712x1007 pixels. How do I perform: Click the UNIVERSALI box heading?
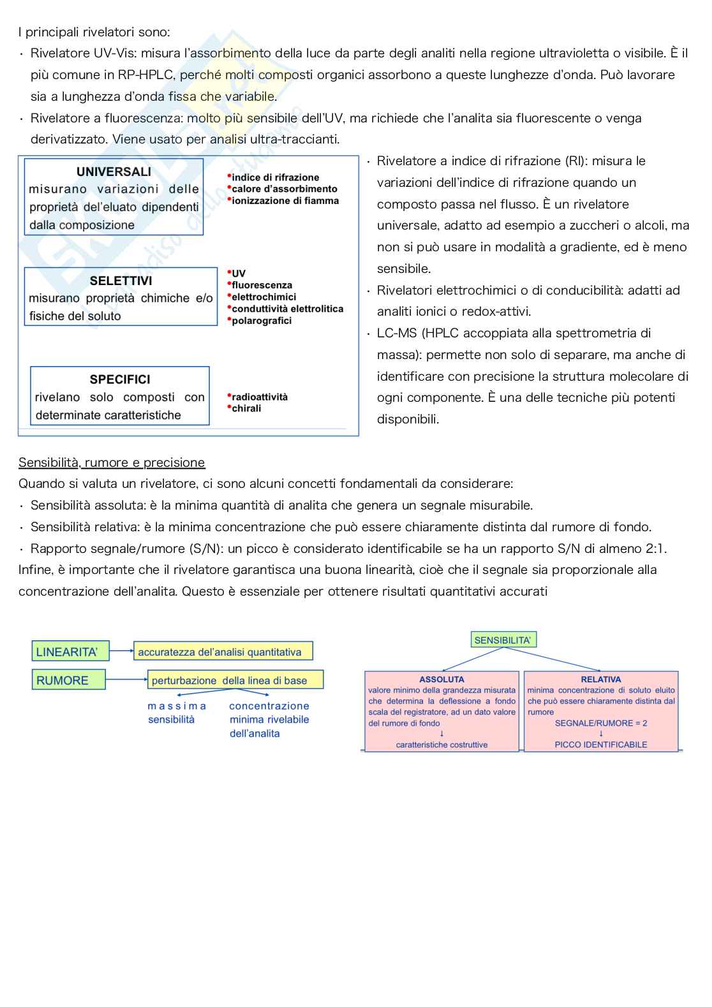pos(114,172)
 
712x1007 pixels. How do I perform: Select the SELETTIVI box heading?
pos(121,281)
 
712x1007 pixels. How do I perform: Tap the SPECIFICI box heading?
pos(120,379)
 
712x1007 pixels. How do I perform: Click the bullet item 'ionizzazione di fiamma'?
pos(285,201)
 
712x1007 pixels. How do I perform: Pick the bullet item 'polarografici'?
pos(262,321)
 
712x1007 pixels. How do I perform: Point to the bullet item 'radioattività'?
pos(259,397)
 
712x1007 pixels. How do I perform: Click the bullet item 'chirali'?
pos(246,408)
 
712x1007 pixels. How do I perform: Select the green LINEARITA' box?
pos(70,652)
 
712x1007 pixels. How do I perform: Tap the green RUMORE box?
pos(69,680)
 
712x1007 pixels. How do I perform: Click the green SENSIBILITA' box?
pos(503,640)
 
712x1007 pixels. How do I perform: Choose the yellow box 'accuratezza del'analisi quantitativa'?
pos(223,652)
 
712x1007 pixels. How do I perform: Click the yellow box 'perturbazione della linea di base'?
pos(235,680)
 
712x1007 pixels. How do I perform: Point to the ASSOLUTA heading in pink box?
pos(441,679)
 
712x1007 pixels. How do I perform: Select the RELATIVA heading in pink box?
pos(600,679)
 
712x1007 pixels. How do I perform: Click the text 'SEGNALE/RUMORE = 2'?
pos(600,723)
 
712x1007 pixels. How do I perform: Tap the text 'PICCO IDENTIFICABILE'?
pos(600,745)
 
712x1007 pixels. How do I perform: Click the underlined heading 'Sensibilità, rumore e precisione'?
pos(112,462)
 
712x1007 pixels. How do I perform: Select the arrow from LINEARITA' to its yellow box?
pos(121,652)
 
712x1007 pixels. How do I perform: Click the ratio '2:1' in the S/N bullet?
pos(651,548)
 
